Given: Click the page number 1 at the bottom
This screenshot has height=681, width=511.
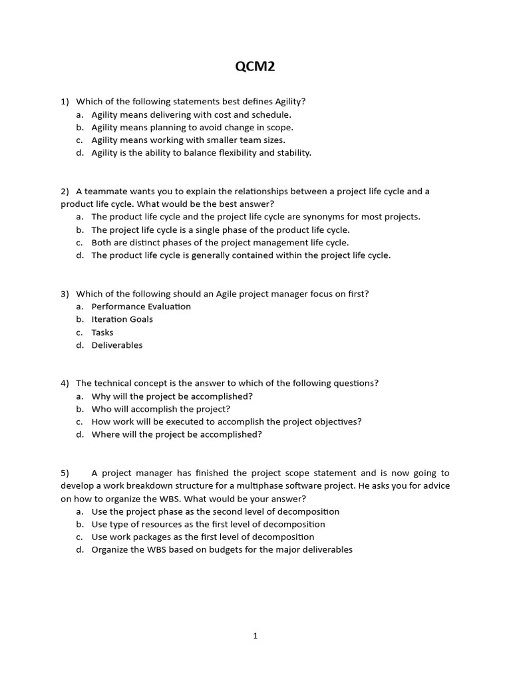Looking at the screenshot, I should (x=255, y=636).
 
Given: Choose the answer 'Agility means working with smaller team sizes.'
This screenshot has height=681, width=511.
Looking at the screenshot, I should (x=188, y=140).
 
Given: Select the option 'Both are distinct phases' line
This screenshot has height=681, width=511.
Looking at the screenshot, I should (x=220, y=243).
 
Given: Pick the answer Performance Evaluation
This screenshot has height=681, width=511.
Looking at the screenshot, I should (x=141, y=307).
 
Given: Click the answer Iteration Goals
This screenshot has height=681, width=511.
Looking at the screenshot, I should (x=122, y=319).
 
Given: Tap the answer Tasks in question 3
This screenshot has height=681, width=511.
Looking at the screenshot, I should (x=102, y=333).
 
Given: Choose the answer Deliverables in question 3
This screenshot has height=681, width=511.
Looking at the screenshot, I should (x=116, y=345).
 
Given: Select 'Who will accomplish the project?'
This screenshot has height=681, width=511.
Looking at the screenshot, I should (x=160, y=409).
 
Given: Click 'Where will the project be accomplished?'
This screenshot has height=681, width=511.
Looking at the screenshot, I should (x=176, y=435).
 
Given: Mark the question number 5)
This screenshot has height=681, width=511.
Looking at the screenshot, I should (x=65, y=474).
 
